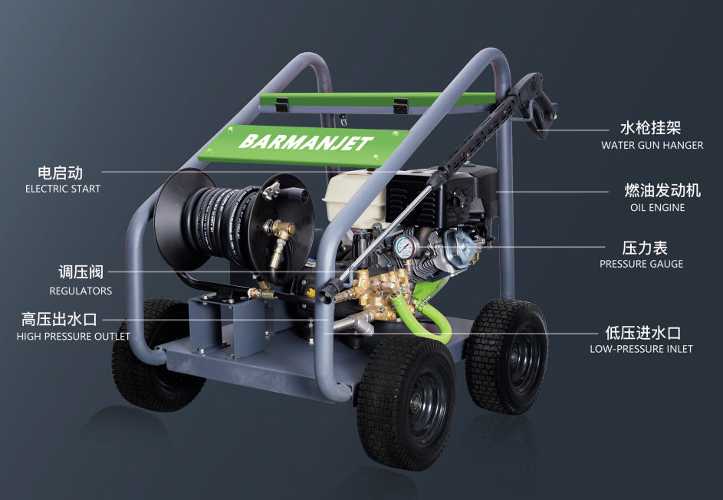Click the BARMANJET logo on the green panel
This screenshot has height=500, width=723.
[305, 143]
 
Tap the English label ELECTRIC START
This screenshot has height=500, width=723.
[63, 189]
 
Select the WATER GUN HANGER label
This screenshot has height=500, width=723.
[652, 145]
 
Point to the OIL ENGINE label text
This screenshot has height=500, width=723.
[657, 208]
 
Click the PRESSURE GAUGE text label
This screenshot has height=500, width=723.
[642, 264]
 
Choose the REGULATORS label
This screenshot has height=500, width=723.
[81, 291]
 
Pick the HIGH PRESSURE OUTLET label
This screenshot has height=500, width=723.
[74, 336]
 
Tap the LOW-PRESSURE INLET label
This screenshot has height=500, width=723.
[641, 349]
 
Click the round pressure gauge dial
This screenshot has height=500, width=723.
[404, 247]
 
